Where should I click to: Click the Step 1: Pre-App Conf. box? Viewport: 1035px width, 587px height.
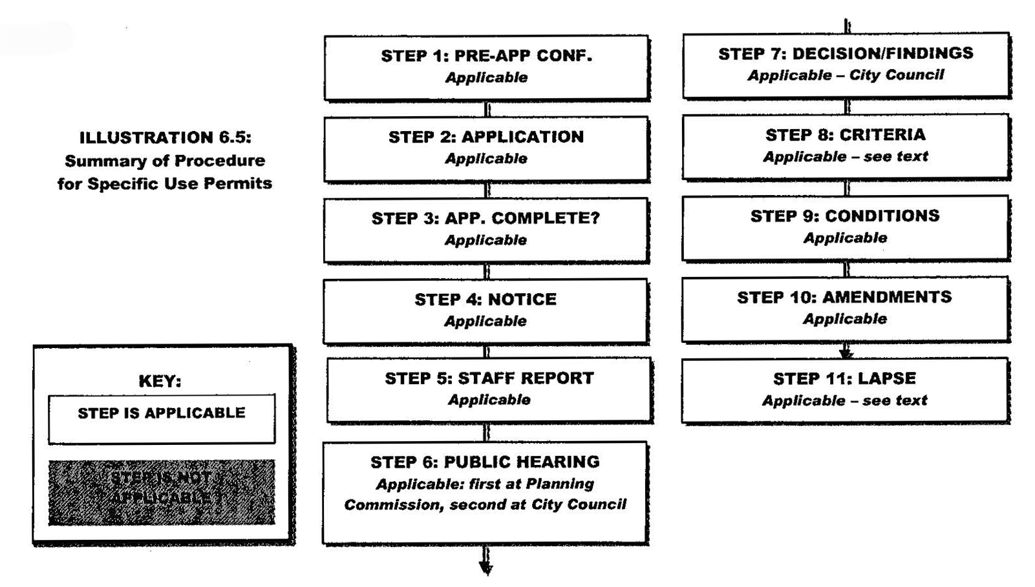pyautogui.click(x=486, y=67)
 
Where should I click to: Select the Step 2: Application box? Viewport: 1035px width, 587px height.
pyautogui.click(x=486, y=149)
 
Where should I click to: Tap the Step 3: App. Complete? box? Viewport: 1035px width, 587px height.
pyautogui.click(x=486, y=230)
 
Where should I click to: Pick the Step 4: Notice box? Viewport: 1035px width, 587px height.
pyautogui.click(x=485, y=311)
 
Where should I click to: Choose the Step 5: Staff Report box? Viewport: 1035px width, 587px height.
pyautogui.click(x=489, y=390)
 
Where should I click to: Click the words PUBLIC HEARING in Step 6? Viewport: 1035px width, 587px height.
pyautogui.click(x=522, y=462)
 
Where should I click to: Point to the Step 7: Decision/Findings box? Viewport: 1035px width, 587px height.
pyautogui.click(x=846, y=65)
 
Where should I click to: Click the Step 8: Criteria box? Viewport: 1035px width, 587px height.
pyautogui.click(x=846, y=146)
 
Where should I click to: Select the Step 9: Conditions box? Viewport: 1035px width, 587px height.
pyautogui.click(x=845, y=227)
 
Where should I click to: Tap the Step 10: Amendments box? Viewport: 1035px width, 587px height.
pyautogui.click(x=845, y=309)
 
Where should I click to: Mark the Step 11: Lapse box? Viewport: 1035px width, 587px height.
pyautogui.click(x=844, y=390)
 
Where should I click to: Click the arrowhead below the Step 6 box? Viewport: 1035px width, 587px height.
pyautogui.click(x=486, y=568)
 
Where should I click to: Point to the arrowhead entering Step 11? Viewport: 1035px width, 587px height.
pyautogui.click(x=846, y=353)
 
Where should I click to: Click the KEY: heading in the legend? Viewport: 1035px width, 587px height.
pyautogui.click(x=160, y=381)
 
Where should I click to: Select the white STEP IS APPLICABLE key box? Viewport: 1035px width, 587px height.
pyautogui.click(x=162, y=419)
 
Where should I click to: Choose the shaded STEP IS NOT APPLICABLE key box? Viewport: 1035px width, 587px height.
pyautogui.click(x=162, y=492)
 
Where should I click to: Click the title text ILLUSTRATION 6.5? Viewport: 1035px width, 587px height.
pyautogui.click(x=165, y=138)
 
